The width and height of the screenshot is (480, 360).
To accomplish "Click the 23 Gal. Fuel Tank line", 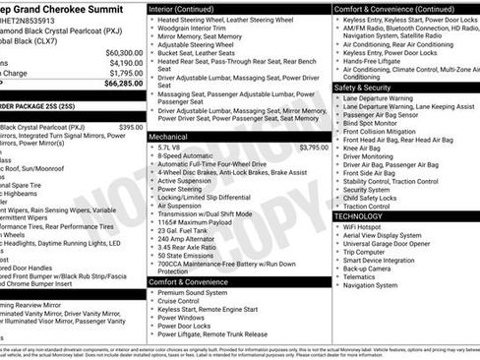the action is (x=187, y=229).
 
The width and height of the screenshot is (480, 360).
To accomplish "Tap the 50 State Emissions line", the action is (x=187, y=255).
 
